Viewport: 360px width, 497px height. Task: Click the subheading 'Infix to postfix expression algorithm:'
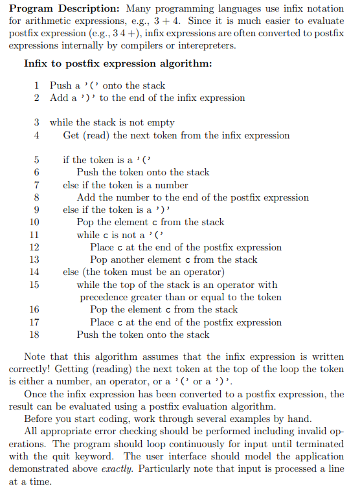pyautogui.click(x=118, y=63)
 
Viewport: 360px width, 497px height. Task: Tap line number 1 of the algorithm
pyautogui.click(x=37, y=85)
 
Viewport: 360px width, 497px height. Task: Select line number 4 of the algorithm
pyautogui.click(x=37, y=135)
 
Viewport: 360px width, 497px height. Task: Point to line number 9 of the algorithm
pyautogui.click(x=37, y=210)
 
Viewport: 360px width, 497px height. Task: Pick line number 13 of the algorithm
pyautogui.click(x=35, y=260)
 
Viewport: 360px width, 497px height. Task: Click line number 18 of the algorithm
pyautogui.click(x=35, y=335)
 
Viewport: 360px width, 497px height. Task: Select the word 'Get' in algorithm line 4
pyautogui.click(x=71, y=135)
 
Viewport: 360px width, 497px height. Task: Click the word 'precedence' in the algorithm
pyautogui.click(x=104, y=297)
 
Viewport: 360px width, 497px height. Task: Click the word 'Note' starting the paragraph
pyautogui.click(x=35, y=357)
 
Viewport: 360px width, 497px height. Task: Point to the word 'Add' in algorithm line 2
pyautogui.click(x=58, y=98)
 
